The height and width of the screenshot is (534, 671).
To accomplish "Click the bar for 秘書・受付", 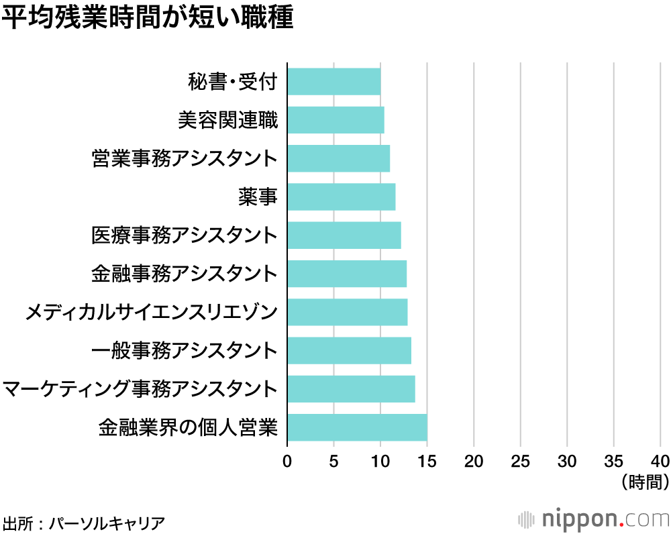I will [334, 82].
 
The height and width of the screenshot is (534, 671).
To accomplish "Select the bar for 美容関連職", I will [335, 120].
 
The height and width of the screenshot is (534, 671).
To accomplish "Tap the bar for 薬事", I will [342, 197].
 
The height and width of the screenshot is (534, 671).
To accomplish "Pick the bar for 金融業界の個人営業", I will [357, 427].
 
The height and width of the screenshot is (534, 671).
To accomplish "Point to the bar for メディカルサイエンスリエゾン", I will [348, 312].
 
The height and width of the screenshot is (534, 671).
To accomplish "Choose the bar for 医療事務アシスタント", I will [344, 235].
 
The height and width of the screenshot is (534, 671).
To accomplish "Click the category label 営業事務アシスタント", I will [184, 159].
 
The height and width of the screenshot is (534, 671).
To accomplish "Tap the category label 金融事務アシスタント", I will [184, 274].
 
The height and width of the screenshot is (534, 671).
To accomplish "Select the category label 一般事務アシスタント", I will [184, 350].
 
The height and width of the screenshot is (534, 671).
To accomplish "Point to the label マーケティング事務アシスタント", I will [140, 389].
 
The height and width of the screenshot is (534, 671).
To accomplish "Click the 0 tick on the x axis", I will [287, 461].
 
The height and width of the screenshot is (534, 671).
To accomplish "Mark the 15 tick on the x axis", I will [427, 461].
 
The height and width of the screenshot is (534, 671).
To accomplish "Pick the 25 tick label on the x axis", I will [520, 461].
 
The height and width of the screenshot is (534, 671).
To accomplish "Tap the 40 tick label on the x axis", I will [660, 461].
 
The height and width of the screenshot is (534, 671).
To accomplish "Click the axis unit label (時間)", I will [646, 481].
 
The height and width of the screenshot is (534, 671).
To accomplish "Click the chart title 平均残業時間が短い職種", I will [148, 19].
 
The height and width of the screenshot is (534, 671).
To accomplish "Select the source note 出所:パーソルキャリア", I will [83, 523].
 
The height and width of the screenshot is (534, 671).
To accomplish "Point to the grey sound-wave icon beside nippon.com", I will [527, 520].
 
